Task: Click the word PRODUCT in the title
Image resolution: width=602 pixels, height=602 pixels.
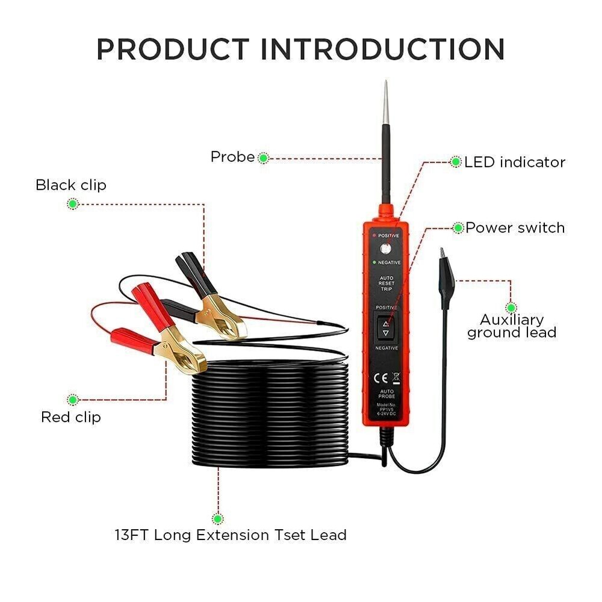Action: point(173,49)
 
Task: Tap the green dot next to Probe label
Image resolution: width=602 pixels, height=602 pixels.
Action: point(263,158)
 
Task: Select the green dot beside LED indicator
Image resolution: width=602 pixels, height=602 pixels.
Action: point(456,162)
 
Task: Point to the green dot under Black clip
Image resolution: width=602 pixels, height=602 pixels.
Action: point(72,204)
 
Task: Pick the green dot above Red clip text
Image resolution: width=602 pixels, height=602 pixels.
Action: point(73,399)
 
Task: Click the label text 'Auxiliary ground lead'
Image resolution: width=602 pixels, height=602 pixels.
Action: point(511,326)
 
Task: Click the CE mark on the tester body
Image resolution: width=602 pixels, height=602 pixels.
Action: point(380,379)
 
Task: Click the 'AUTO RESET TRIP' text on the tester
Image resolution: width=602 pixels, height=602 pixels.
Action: point(385,282)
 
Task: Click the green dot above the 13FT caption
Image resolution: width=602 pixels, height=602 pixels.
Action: point(217,518)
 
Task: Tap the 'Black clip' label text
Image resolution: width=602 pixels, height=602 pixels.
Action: point(70,185)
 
